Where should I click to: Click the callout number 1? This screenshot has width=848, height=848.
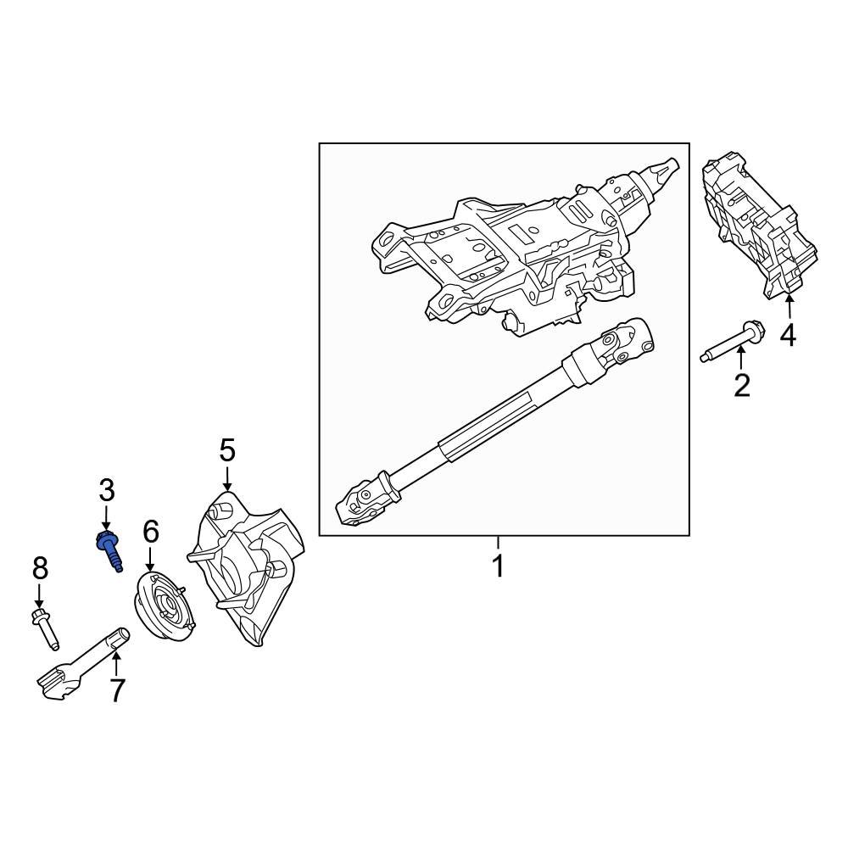pyautogui.click(x=499, y=566)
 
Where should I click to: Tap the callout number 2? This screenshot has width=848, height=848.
pyautogui.click(x=742, y=386)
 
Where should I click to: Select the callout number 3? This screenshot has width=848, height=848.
pyautogui.click(x=106, y=489)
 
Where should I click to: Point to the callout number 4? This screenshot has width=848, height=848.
pyautogui.click(x=789, y=336)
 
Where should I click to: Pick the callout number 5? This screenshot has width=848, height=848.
pyautogui.click(x=226, y=450)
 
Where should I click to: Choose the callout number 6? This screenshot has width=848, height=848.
pyautogui.click(x=150, y=532)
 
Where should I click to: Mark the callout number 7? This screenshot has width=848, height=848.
pyautogui.click(x=116, y=690)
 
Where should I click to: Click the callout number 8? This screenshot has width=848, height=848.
pyautogui.click(x=40, y=568)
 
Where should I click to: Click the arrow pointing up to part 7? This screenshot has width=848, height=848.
pyautogui.click(x=116, y=661)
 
